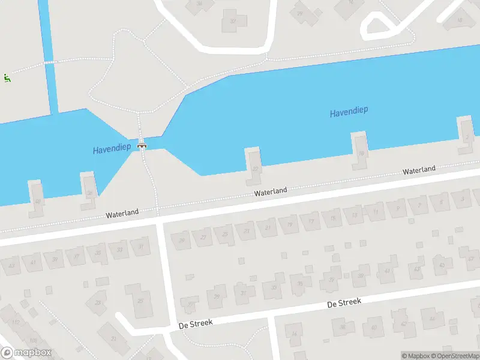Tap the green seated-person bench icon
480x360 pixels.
(7, 77)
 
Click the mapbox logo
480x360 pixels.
(26, 353)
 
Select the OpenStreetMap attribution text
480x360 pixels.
(453, 356)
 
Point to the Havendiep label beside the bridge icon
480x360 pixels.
(112, 149)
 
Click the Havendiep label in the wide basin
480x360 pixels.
(349, 112)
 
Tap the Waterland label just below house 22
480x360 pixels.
(270, 192)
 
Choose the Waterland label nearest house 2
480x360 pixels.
(419, 170)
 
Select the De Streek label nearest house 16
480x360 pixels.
(344, 302)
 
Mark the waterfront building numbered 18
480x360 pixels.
(361, 154)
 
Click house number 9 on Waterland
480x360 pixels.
(397, 208)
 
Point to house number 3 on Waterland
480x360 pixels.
(461, 198)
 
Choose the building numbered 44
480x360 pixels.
(431, 319)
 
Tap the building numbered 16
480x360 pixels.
(294, 335)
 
